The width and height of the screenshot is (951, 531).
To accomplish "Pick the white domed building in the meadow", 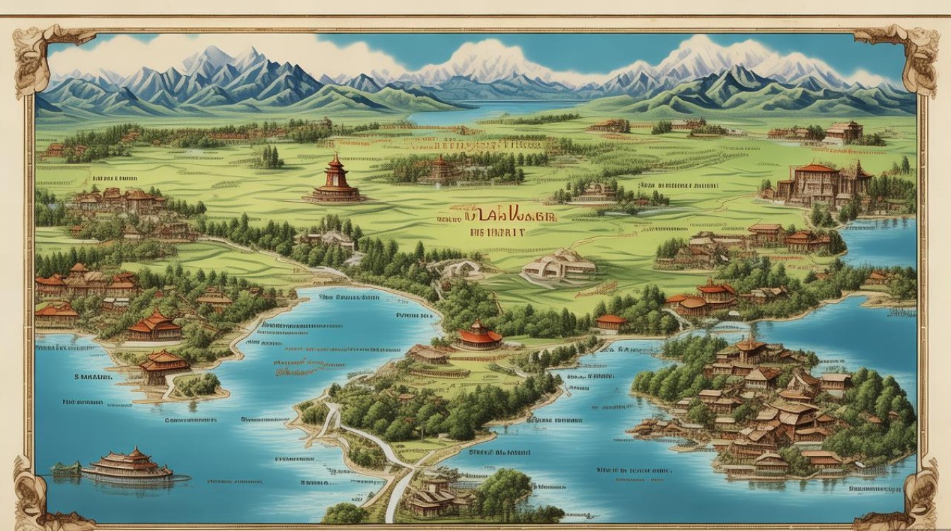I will click(x=559, y=265).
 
